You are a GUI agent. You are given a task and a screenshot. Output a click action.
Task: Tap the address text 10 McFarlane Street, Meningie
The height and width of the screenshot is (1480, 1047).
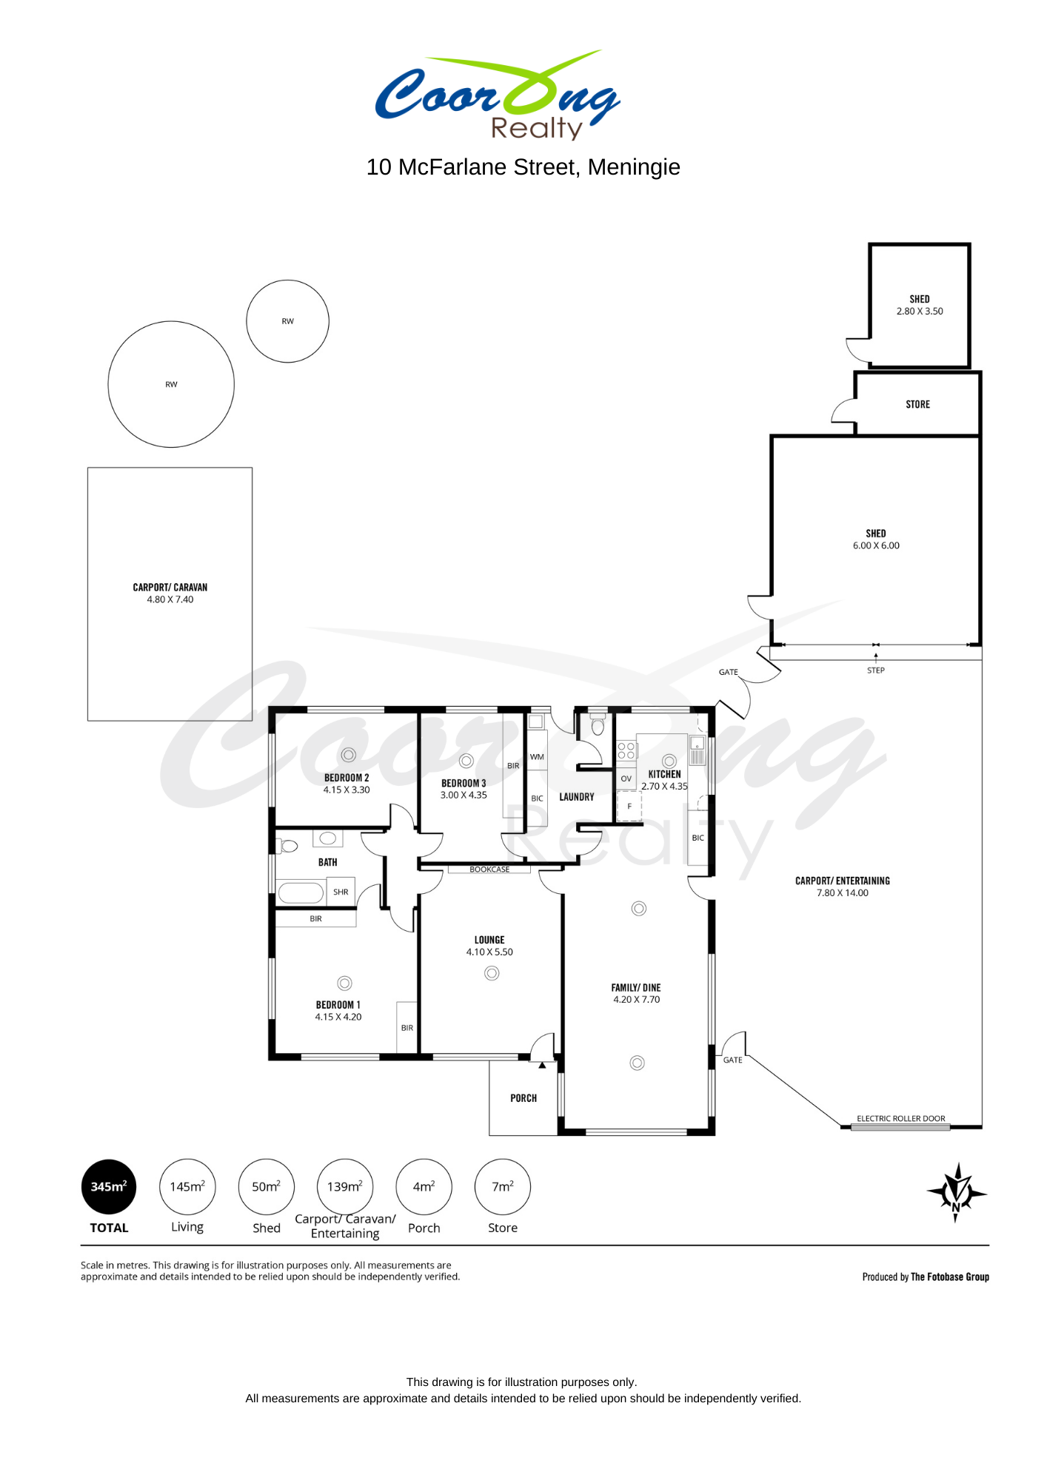pos(523,167)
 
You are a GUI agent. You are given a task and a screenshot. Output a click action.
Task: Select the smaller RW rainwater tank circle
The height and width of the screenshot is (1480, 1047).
pos(287,321)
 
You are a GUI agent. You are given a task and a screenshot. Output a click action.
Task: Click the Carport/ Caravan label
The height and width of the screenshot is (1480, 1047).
pos(170,588)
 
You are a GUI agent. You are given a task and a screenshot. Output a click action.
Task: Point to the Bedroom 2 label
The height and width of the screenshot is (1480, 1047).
pos(347,778)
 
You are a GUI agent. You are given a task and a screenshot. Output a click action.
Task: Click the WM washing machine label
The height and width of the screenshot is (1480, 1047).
pos(537,757)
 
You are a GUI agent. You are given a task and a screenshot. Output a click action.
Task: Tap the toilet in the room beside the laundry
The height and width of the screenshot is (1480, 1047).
pos(598,724)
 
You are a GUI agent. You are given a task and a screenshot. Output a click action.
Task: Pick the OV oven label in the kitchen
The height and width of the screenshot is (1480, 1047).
pos(626,778)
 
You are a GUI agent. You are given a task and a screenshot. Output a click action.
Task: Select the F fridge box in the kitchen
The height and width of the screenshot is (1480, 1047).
pos(629,807)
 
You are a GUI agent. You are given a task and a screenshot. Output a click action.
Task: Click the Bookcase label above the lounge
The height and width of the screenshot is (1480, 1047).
pos(489,869)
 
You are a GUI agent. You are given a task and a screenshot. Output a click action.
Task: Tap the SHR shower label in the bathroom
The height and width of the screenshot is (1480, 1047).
pos(341,892)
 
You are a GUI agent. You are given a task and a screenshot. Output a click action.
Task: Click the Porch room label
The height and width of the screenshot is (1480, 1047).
pos(523,1098)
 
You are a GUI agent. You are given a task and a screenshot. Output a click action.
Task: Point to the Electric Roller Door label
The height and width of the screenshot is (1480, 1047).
pos(901,1119)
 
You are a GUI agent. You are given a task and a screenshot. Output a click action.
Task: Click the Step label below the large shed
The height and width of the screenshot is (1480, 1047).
pos(876,670)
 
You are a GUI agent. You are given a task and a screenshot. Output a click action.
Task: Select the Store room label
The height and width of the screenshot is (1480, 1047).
pos(918,405)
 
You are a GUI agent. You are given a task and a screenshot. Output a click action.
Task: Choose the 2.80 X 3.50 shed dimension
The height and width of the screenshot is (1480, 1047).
pos(920,312)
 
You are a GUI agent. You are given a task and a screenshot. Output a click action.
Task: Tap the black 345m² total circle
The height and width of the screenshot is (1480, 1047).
pos(109,1187)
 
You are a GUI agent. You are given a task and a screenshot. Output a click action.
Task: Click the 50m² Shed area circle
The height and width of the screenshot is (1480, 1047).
pos(267,1187)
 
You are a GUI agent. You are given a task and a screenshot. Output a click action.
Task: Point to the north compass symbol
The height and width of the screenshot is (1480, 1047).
pos(957,1192)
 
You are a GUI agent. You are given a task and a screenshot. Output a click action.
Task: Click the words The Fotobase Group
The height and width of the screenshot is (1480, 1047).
pos(950,1276)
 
